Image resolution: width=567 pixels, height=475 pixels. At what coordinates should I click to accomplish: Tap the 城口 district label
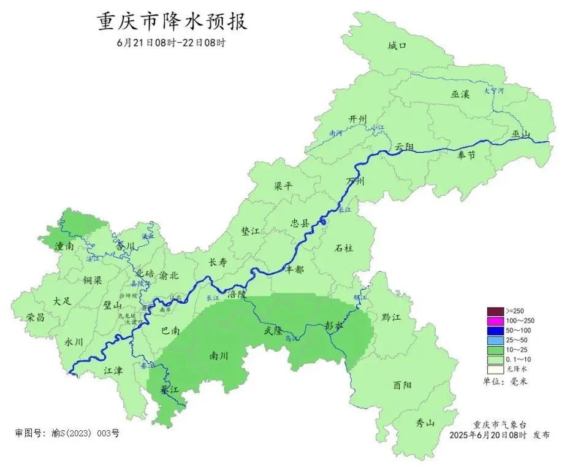click(397, 45)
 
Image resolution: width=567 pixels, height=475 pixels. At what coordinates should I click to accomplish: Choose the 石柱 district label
click(344, 249)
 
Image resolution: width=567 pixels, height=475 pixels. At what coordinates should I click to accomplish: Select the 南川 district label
click(218, 355)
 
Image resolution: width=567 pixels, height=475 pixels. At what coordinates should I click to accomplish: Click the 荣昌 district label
click(36, 317)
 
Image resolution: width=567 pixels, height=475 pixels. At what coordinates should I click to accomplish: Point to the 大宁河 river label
click(493, 90)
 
